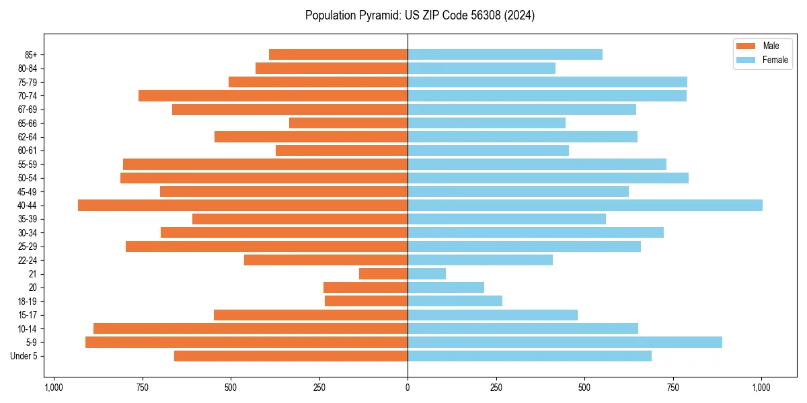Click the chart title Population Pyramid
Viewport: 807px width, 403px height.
pos(420,15)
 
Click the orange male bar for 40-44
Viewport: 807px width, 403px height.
pos(243,206)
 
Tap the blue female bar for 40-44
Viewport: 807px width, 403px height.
pos(585,206)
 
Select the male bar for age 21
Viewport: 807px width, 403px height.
pos(383,274)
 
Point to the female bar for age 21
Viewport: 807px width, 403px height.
pos(427,274)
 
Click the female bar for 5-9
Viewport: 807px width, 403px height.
pos(565,343)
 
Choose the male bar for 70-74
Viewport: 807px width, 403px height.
pos(273,96)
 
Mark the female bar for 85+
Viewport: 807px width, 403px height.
pos(505,54)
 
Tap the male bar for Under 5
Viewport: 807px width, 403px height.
pos(291,356)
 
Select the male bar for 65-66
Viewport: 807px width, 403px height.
pos(348,123)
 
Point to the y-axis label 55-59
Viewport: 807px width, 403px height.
pos(28,165)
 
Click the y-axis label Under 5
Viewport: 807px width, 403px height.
pos(24,356)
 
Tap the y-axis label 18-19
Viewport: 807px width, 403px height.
pos(28,302)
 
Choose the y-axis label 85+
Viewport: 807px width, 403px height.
pos(30,54)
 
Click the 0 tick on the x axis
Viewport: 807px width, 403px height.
pos(408,388)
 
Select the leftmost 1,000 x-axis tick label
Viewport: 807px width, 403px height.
pos(54,388)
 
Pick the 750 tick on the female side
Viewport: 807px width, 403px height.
pos(673,388)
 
